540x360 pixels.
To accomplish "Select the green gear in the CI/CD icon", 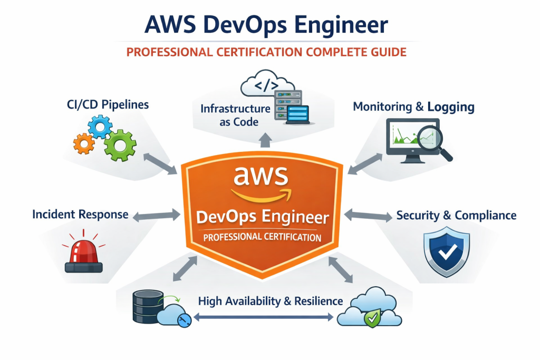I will click(119, 144).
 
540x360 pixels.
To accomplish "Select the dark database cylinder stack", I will click(144, 308).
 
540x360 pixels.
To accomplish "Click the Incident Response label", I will click(80, 215).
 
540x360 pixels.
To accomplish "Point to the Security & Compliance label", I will click(456, 215).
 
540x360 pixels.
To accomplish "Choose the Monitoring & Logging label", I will click(413, 107).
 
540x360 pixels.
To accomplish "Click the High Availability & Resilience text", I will click(271, 301).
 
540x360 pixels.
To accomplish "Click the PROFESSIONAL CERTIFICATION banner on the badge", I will click(262, 237).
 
